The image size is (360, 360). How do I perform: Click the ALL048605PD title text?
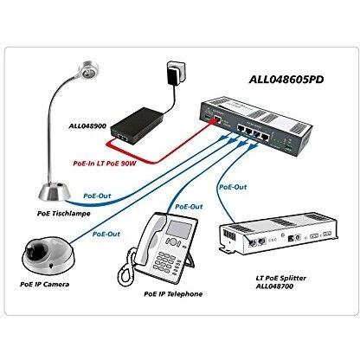tap(286, 80)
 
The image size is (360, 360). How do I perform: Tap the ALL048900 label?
tap(87, 126)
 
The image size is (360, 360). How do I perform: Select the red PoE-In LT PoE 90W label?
tap(105, 164)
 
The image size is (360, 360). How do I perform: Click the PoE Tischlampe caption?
tap(64, 214)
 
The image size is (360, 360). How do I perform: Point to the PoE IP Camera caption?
tap(45, 284)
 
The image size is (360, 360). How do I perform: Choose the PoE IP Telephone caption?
tap(173, 294)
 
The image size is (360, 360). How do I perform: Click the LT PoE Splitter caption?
tap(281, 279)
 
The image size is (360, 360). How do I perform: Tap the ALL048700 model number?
tap(274, 286)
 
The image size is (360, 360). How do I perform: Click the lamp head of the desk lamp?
tap(88, 70)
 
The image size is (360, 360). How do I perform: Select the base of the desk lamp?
tap(55, 191)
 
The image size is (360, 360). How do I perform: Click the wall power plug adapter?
tap(175, 72)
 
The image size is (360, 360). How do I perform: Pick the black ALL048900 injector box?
tap(137, 125)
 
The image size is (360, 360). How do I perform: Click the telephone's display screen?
tap(179, 229)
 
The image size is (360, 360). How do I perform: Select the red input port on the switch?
tap(217, 119)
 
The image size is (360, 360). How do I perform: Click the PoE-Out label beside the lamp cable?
tap(97, 196)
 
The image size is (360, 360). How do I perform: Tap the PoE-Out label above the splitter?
tap(233, 187)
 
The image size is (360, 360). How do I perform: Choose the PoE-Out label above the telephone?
tap(189, 207)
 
